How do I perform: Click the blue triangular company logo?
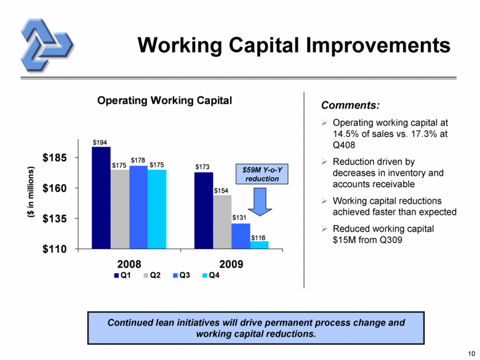coord(47,46)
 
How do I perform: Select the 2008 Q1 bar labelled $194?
coord(101,198)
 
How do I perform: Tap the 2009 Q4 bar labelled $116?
coord(259,245)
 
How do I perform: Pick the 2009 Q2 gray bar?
coord(222,222)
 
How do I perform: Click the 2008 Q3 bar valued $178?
coord(138,207)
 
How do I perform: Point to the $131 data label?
coord(239,218)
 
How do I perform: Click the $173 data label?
coord(202,167)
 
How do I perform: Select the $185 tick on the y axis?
coord(55,158)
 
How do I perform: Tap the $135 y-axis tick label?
coord(55,218)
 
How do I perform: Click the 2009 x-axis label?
coord(231,264)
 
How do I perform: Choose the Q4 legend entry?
coord(210,275)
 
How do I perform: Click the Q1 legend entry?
coord(122,275)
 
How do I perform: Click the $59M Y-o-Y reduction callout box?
coord(262,174)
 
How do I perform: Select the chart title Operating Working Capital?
coord(164,100)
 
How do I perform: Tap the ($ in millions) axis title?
coord(31,192)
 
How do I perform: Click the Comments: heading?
coord(350,105)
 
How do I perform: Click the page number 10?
coord(471,354)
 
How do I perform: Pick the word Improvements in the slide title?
coord(378,46)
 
